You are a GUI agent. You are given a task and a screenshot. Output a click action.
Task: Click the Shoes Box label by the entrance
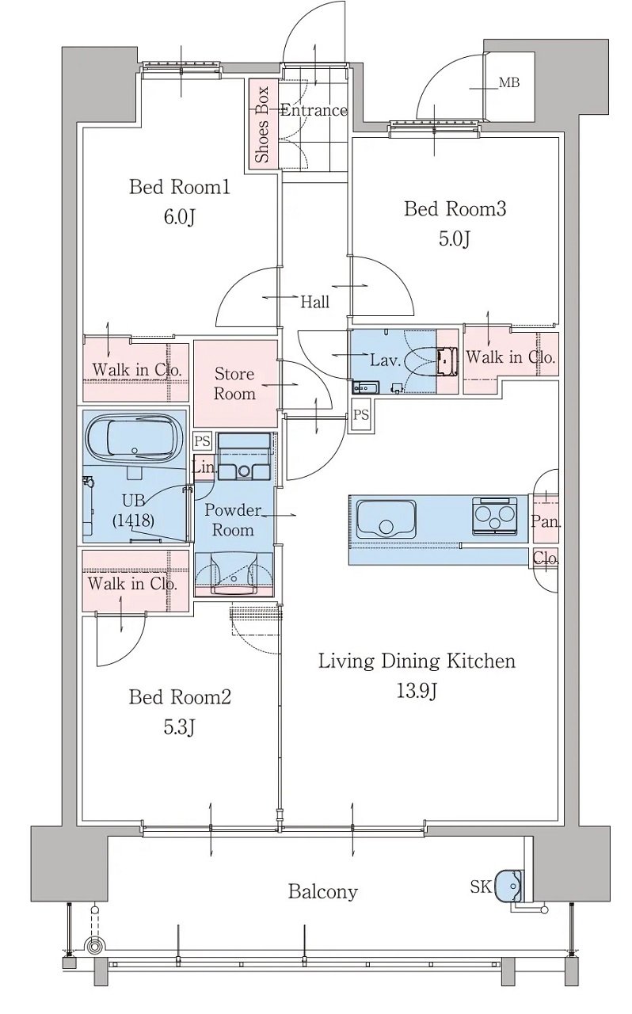263,124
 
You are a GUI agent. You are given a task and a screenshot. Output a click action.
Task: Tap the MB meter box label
509,83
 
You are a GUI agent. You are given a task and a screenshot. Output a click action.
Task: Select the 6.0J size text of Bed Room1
179,217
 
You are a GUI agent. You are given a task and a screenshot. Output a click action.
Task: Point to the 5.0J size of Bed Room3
455,239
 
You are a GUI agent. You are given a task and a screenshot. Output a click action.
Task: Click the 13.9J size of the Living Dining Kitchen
417,691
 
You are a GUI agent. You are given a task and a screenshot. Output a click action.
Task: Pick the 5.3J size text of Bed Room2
179,727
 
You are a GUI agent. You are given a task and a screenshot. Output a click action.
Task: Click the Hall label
315,302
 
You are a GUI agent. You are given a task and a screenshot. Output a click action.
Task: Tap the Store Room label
234,384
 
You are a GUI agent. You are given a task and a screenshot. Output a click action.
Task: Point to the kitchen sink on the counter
386,520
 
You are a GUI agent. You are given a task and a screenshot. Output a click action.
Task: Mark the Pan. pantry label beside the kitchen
546,522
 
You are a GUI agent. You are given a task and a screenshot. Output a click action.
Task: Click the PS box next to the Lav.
361,414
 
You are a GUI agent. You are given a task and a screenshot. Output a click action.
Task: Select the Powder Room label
233,520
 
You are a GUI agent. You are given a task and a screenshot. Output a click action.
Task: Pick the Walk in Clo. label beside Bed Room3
510,357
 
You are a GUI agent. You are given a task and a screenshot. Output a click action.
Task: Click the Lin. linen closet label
204,467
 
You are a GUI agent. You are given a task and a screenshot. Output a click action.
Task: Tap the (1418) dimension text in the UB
134,520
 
